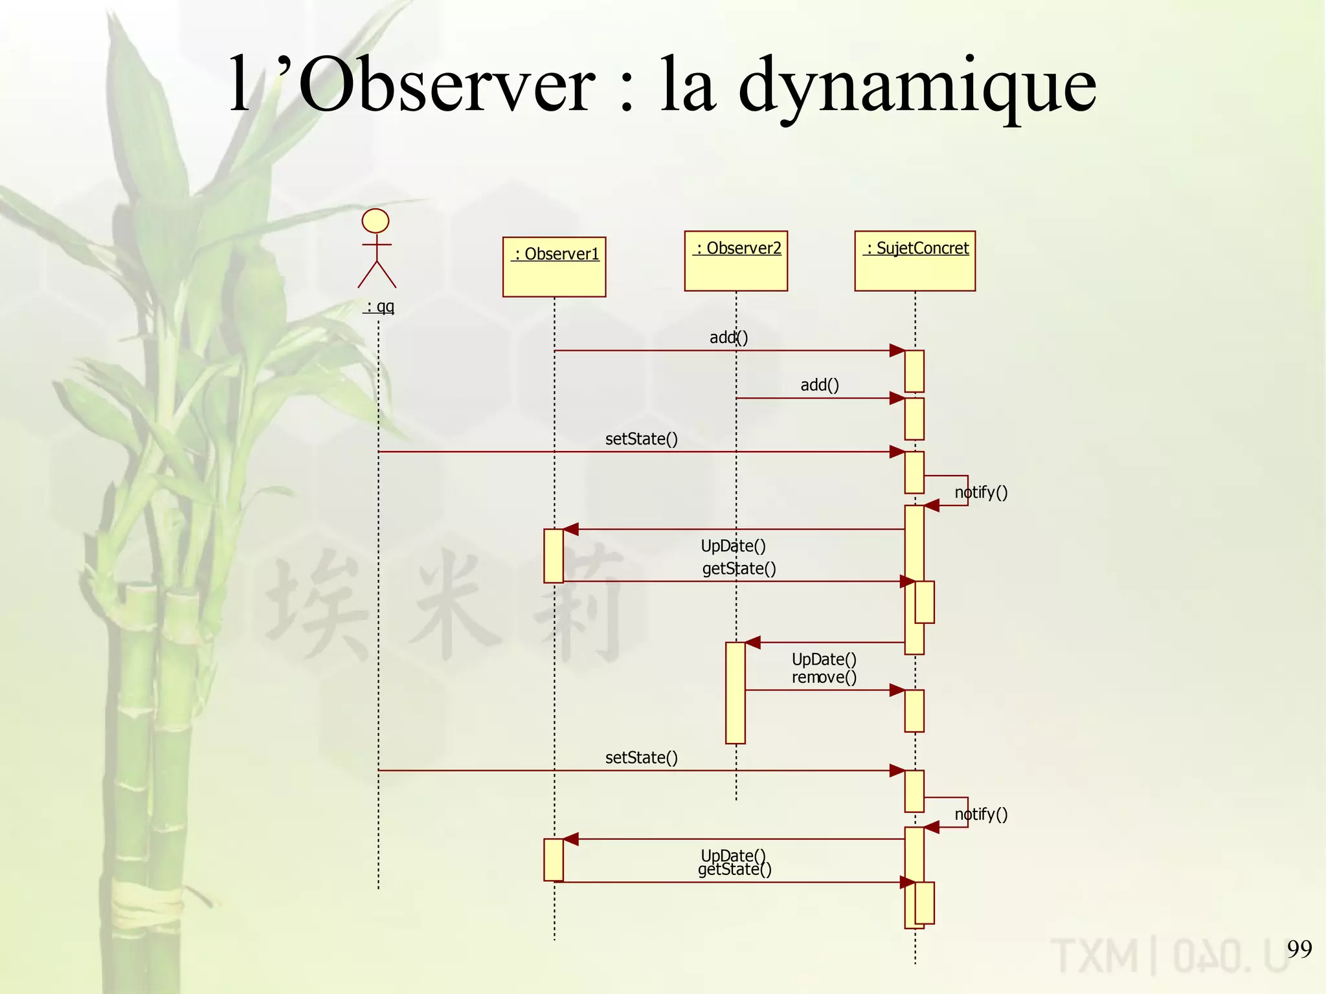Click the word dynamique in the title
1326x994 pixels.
point(917,88)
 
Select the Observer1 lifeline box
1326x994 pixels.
point(554,267)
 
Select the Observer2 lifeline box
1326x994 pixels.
point(736,261)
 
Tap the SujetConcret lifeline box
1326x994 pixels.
point(915,261)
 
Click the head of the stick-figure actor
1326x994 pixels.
point(376,221)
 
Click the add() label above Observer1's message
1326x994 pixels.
point(728,337)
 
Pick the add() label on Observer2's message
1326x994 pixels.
point(820,385)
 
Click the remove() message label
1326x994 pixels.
point(824,677)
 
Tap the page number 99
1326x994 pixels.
point(1299,949)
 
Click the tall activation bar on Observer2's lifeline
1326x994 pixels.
point(736,692)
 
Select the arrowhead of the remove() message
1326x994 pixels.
point(897,690)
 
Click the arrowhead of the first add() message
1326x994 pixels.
point(897,351)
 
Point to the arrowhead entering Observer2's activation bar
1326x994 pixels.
point(752,643)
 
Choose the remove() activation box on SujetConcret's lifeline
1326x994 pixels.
point(914,711)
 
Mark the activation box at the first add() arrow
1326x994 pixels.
point(914,371)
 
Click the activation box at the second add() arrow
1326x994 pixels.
point(914,419)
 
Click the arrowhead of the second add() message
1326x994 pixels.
point(897,398)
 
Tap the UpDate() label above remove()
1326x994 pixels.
point(824,659)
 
